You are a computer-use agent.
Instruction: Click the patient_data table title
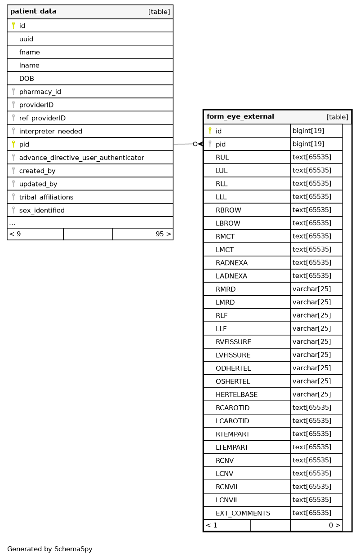click(33, 12)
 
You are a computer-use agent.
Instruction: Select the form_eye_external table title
click(240, 117)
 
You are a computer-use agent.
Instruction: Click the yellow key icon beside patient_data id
click(13, 26)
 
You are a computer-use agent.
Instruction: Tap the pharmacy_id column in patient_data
click(40, 92)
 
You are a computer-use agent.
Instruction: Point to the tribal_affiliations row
click(46, 197)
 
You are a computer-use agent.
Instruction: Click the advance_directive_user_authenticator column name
click(81, 158)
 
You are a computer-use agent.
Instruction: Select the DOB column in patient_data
click(27, 79)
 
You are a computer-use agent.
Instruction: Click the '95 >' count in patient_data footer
click(163, 234)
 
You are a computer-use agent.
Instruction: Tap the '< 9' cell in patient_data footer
click(15, 234)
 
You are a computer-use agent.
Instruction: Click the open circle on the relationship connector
click(195, 144)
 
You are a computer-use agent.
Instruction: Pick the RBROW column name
click(228, 210)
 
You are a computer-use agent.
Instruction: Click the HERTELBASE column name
click(236, 394)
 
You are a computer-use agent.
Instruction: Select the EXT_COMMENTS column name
click(243, 513)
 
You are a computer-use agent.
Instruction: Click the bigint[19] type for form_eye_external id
click(308, 131)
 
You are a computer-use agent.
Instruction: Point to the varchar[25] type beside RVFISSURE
click(311, 342)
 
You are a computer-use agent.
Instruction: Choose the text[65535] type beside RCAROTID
click(311, 407)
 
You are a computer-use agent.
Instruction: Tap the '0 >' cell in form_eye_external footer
click(334, 525)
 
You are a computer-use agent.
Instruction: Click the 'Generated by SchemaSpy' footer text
click(49, 549)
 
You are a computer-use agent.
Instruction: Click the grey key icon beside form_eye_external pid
click(210, 144)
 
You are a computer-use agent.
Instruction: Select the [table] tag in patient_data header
click(159, 12)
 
